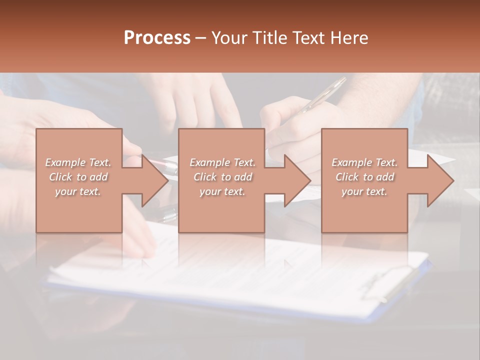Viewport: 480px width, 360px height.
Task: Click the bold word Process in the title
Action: point(157,38)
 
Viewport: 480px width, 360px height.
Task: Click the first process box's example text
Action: point(78,177)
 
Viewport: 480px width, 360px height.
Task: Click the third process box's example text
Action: point(364,177)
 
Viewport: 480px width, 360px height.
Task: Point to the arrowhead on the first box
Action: point(154,180)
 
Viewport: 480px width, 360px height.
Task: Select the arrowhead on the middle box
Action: point(297,180)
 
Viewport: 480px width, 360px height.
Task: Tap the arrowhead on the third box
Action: point(440,180)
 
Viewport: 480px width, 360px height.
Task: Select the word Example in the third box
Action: point(349,162)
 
